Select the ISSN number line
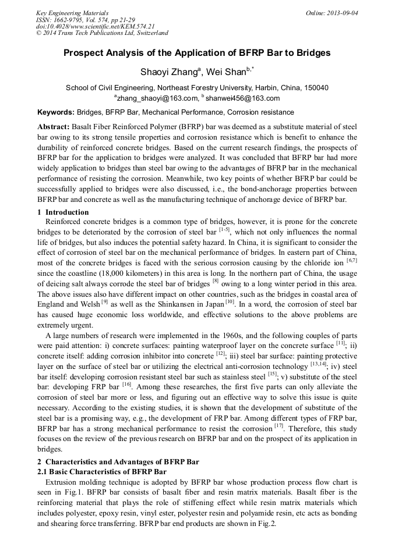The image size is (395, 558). click(x=86, y=20)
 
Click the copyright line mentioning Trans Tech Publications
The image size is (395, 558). click(x=102, y=33)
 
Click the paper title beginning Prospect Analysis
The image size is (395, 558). click(x=197, y=53)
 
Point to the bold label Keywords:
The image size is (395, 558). click(x=56, y=112)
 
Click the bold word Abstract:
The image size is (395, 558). click(x=54, y=126)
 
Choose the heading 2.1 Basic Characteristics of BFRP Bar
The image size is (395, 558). click(x=102, y=471)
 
